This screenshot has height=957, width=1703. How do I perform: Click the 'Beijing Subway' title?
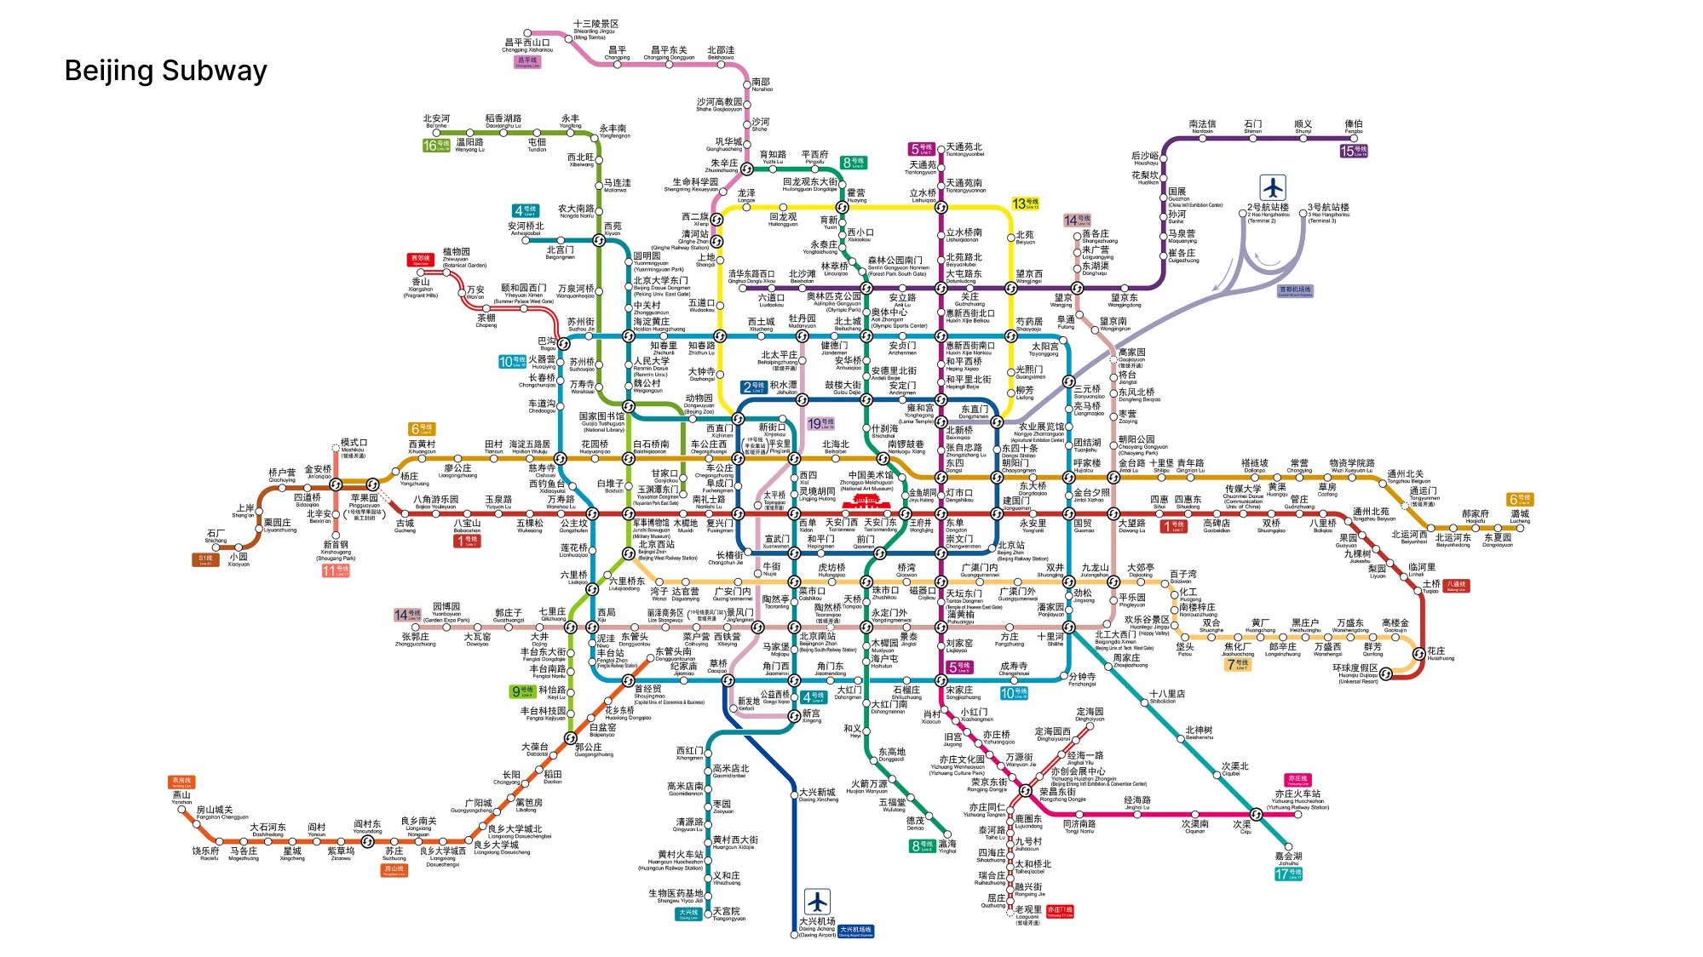click(x=165, y=71)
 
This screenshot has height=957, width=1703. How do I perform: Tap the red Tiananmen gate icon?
click(x=866, y=495)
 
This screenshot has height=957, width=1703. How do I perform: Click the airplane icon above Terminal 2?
click(x=1272, y=187)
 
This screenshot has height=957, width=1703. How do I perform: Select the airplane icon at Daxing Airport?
click(x=817, y=902)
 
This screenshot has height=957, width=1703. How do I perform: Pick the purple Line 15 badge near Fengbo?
click(x=1353, y=151)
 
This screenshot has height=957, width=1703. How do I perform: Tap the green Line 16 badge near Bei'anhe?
click(x=435, y=146)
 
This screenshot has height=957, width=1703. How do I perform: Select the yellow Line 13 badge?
click(x=1025, y=203)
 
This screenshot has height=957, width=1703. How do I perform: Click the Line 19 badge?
click(x=820, y=423)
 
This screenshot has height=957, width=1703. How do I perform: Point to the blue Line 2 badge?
click(x=754, y=387)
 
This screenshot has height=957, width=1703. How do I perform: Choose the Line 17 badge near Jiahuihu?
click(x=1287, y=874)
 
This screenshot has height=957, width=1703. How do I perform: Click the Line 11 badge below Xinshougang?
click(x=335, y=570)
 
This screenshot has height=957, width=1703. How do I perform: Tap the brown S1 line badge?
click(x=205, y=559)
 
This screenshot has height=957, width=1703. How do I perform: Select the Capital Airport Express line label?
click(x=1295, y=291)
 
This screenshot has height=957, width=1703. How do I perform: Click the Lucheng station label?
click(x=1520, y=515)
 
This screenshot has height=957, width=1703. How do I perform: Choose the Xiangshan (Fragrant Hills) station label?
click(x=421, y=287)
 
